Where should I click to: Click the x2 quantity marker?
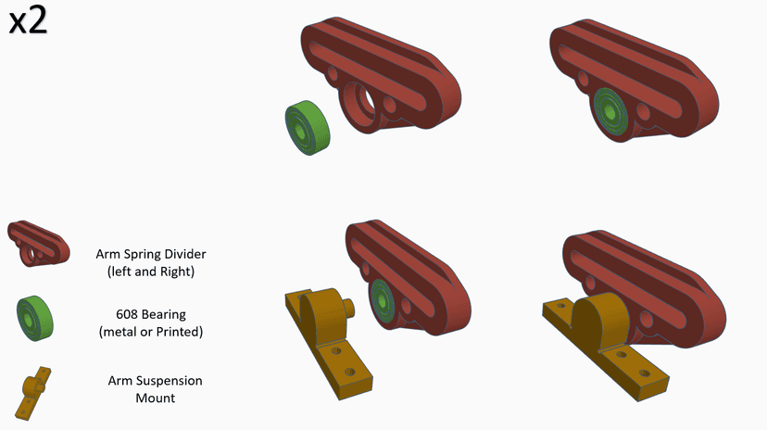click(x=28, y=21)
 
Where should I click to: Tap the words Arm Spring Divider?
click(x=151, y=254)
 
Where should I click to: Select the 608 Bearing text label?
click(x=151, y=314)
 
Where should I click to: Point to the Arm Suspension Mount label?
click(x=155, y=389)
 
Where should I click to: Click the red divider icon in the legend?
click(x=39, y=243)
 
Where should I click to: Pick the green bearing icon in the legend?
click(x=34, y=318)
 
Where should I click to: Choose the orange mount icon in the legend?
click(x=33, y=393)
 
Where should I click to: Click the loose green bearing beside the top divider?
click(x=308, y=128)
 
